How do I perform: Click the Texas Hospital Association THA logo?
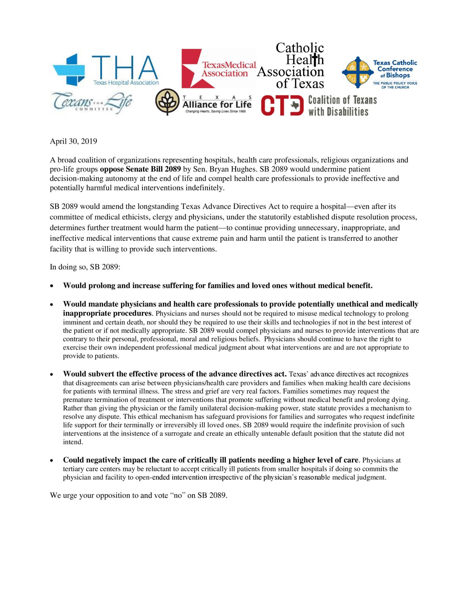pos(105,70)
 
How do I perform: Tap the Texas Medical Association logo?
pos(218,69)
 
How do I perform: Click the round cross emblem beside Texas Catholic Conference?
pos(358,73)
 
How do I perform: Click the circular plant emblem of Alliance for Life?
pos(167,102)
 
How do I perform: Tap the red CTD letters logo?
pos(282,105)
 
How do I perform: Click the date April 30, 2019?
pos(73,141)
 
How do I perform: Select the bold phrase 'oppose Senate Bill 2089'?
pos(140,169)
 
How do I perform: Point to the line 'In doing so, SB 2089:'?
pos(85,267)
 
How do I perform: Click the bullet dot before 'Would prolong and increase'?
pos(52,286)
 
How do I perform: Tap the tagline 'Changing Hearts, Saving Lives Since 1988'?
pos(215,111)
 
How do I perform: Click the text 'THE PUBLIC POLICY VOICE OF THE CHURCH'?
pos(395,85)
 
